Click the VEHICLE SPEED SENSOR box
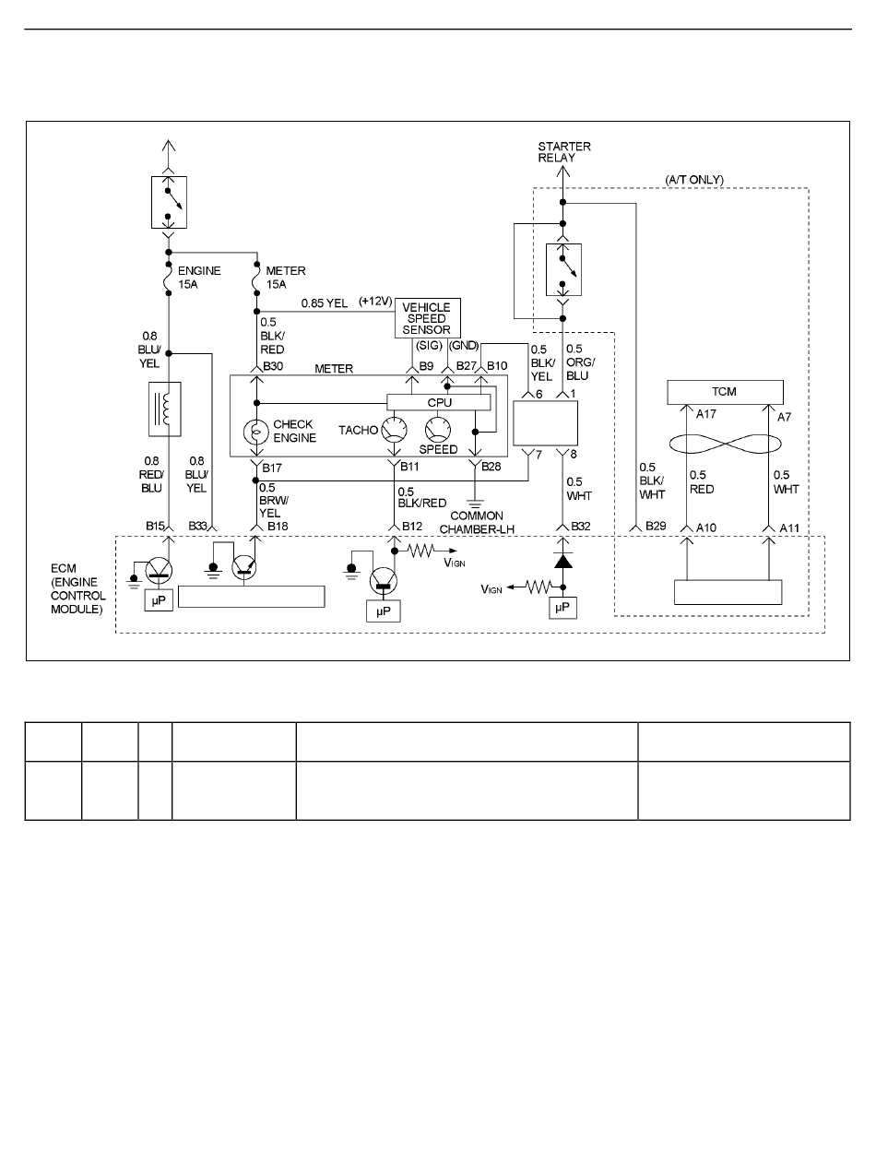(x=427, y=317)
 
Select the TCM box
(x=725, y=392)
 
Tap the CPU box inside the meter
(x=438, y=402)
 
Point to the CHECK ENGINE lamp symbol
(x=256, y=432)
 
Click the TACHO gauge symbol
(x=395, y=430)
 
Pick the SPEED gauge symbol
(x=438, y=430)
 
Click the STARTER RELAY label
(x=564, y=152)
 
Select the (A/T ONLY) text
(x=694, y=180)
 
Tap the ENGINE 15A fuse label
(x=199, y=278)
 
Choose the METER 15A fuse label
(x=286, y=278)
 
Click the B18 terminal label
(x=278, y=527)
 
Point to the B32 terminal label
(x=581, y=527)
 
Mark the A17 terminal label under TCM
(x=706, y=414)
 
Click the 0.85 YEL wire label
(x=325, y=303)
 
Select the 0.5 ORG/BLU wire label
(x=580, y=362)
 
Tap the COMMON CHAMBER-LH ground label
(x=477, y=523)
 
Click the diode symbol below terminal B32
(x=562, y=561)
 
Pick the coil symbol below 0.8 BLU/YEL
(x=165, y=409)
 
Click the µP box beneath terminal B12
(x=384, y=611)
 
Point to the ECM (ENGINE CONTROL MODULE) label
(x=77, y=588)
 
